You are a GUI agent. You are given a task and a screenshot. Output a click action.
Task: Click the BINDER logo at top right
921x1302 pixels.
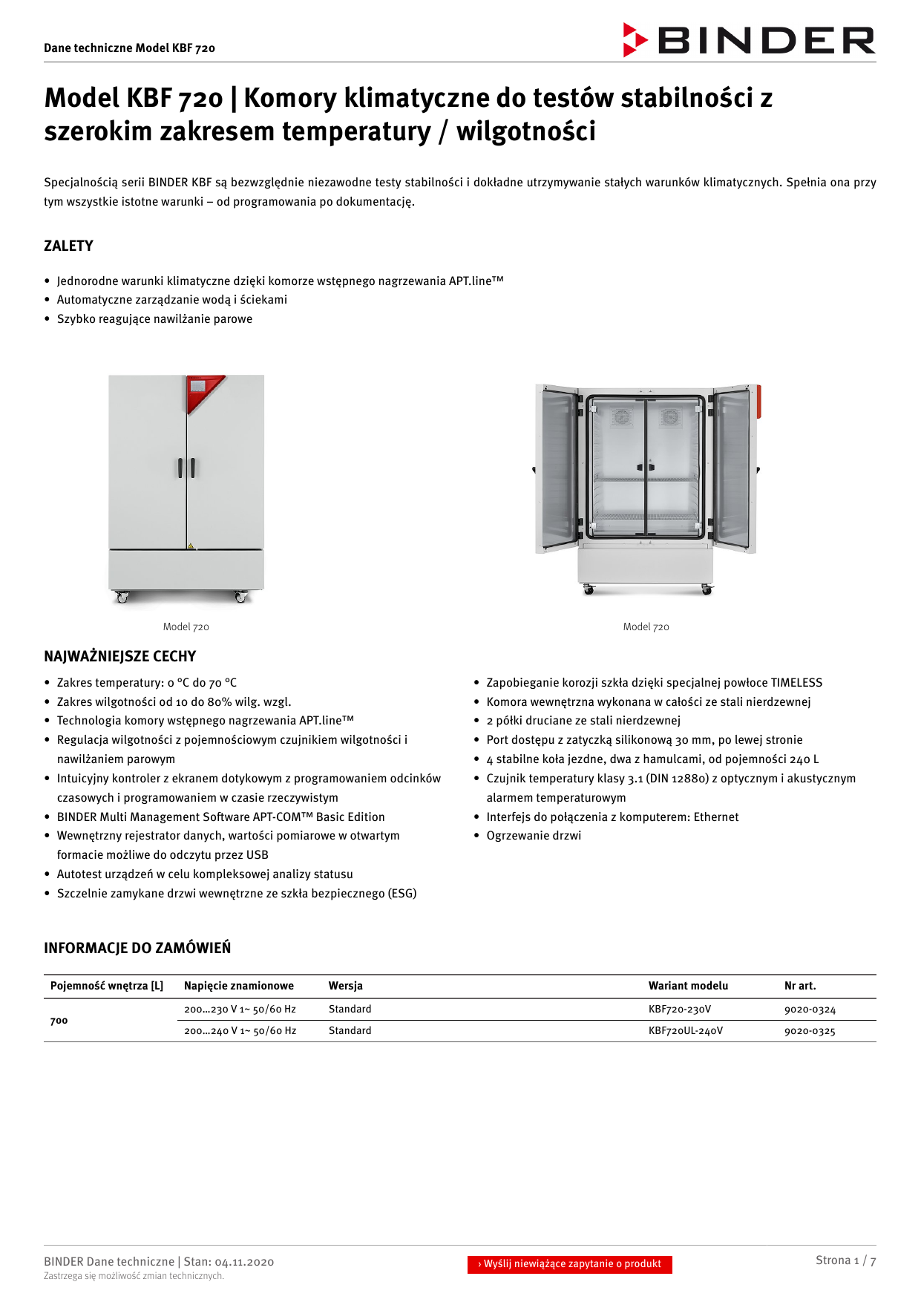(x=750, y=40)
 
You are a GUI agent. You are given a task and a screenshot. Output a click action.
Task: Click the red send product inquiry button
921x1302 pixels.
(x=569, y=1264)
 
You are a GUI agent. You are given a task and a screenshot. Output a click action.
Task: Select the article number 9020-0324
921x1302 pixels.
(x=810, y=1010)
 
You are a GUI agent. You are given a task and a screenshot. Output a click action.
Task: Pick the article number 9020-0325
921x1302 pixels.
(x=810, y=1031)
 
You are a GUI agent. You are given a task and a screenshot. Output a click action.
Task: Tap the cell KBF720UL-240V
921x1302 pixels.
(x=685, y=1031)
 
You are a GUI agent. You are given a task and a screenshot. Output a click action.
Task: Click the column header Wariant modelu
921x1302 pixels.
(x=688, y=986)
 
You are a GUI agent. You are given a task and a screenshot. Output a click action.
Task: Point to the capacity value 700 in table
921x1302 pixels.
(x=59, y=1021)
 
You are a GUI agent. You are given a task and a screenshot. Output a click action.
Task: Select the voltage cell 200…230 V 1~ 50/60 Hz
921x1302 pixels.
(x=240, y=1010)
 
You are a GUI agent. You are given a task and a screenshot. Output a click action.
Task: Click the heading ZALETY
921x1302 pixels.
(x=68, y=246)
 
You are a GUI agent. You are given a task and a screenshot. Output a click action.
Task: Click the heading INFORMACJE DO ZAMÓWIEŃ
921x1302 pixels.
(x=137, y=948)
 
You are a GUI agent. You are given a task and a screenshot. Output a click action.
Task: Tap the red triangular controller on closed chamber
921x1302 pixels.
(x=202, y=391)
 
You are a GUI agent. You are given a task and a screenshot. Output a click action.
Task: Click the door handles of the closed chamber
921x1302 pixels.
(x=186, y=468)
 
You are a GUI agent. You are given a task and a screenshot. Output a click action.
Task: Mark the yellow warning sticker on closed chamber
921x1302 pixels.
(x=191, y=546)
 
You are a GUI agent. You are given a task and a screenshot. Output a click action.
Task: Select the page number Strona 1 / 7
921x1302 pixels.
(x=845, y=1260)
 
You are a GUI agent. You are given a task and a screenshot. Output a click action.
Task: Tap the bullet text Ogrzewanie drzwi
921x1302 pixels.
(x=534, y=836)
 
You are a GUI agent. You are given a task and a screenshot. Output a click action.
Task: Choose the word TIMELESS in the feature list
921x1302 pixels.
(x=796, y=683)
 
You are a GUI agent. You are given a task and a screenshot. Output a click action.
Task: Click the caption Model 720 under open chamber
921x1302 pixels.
(x=646, y=627)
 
